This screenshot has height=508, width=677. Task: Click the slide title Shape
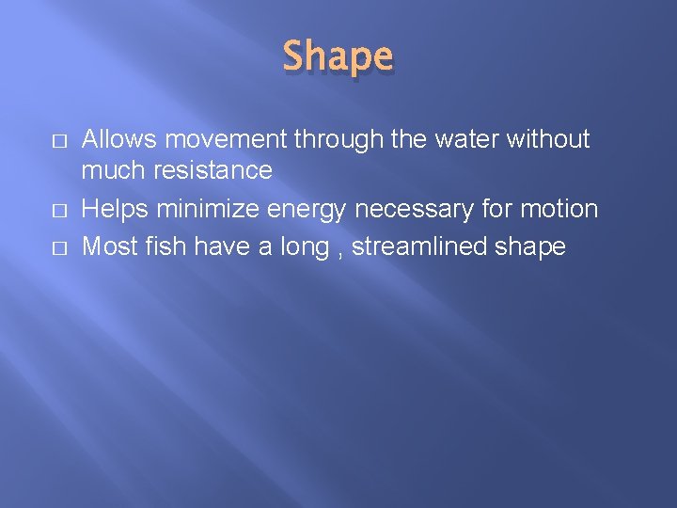pos(338,56)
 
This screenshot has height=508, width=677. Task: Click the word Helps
pos(115,209)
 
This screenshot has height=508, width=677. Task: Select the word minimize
pos(202,209)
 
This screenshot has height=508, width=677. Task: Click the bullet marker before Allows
pos(59,140)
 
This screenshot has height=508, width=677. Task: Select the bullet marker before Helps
pos(59,210)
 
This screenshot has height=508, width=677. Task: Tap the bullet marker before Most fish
pos(59,247)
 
